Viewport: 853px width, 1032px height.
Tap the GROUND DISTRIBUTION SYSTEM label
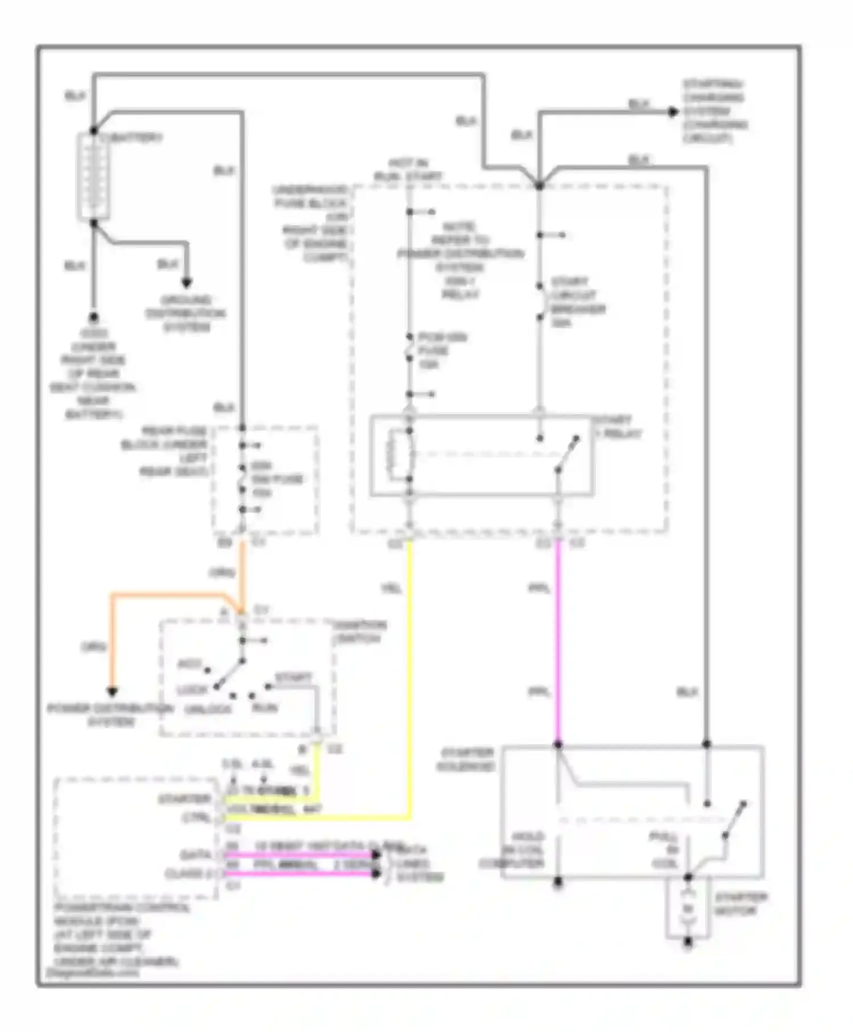(x=186, y=314)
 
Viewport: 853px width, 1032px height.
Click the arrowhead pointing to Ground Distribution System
(x=187, y=282)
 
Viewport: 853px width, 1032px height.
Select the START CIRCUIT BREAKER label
(x=577, y=302)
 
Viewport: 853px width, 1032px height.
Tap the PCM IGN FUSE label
(x=441, y=350)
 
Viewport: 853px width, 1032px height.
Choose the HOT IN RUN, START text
(x=408, y=170)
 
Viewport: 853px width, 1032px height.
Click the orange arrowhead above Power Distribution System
(x=113, y=692)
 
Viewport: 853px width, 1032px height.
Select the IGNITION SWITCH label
(x=359, y=631)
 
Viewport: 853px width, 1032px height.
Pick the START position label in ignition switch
(x=293, y=678)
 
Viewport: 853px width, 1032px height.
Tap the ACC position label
(x=189, y=664)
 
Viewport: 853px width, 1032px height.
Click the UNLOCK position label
(x=208, y=709)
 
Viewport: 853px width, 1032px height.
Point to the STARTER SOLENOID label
(x=465, y=759)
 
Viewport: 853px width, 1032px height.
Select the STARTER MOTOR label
(x=740, y=904)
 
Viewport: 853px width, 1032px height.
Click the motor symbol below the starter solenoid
(x=688, y=909)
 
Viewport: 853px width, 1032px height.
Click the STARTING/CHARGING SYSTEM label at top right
(x=715, y=111)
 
